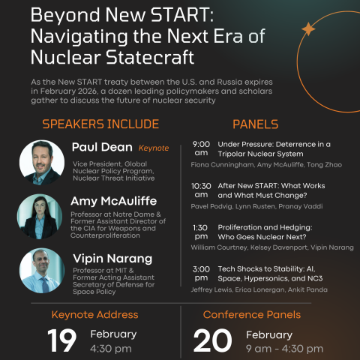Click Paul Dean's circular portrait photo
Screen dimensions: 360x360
tap(42, 162)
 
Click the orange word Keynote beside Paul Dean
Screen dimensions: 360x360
tap(153, 148)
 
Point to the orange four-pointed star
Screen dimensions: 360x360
tap(307, 29)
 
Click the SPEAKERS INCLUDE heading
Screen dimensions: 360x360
tap(100, 124)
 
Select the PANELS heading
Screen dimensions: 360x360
tap(255, 124)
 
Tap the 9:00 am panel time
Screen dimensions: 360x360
tap(201, 148)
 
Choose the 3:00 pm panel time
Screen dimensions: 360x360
tap(201, 273)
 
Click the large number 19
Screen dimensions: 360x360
tap(61, 340)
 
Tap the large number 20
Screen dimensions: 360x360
tap(212, 340)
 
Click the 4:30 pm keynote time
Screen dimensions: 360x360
tap(110, 349)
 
